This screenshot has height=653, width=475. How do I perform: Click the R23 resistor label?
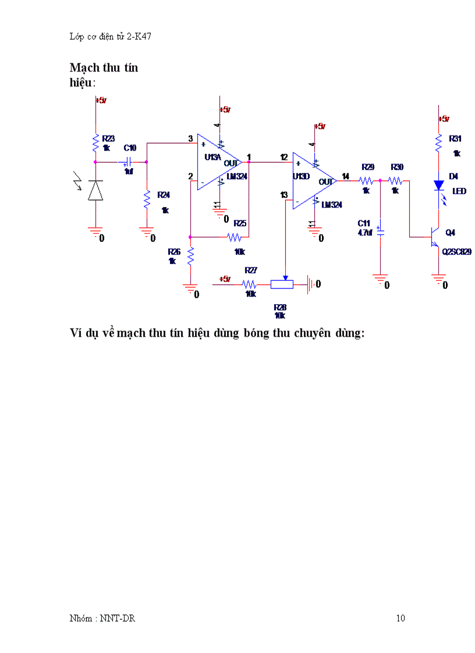[108, 138]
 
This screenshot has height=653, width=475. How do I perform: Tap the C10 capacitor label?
[130, 148]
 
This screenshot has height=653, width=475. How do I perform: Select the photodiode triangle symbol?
[95, 190]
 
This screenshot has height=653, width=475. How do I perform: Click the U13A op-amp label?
[212, 157]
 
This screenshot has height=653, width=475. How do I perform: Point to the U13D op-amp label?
[301, 175]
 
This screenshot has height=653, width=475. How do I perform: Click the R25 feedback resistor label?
[240, 223]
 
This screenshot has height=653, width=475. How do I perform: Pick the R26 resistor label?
[173, 252]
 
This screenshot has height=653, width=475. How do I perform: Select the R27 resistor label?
[251, 270]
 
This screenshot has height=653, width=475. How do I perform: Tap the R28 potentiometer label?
[280, 306]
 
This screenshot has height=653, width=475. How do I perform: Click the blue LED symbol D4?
[438, 185]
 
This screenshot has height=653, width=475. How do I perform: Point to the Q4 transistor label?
[450, 233]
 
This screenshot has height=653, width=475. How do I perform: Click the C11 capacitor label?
[364, 223]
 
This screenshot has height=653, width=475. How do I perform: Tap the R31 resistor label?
[455, 138]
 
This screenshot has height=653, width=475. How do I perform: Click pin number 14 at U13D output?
[345, 176]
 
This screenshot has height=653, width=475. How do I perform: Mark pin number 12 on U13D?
[283, 157]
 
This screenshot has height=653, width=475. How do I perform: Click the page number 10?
[400, 618]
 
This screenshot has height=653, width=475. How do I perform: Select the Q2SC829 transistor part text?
[456, 252]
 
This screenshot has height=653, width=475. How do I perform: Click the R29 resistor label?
[367, 167]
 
